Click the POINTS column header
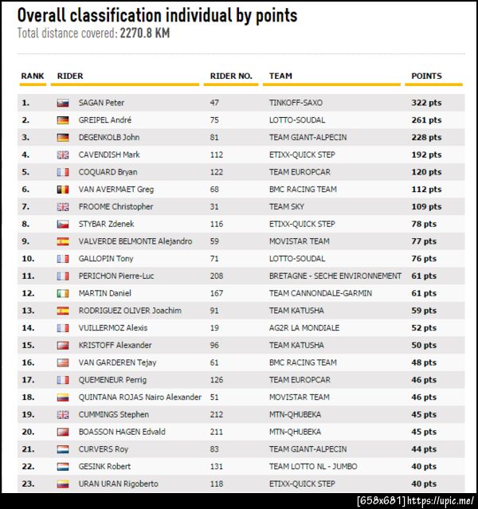426,76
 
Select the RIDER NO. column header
231,76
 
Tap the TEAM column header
280,76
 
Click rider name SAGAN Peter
101,103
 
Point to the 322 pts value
426,103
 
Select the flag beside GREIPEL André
63,120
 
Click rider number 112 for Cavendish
217,155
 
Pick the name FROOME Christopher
116,206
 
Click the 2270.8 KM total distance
144,33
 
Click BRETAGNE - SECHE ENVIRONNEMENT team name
335,276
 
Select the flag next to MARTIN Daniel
63,293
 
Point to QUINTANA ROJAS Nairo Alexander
139,397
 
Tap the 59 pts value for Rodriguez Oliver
424,311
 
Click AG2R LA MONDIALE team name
304,327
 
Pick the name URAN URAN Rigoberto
118,484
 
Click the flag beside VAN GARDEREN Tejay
63,362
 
